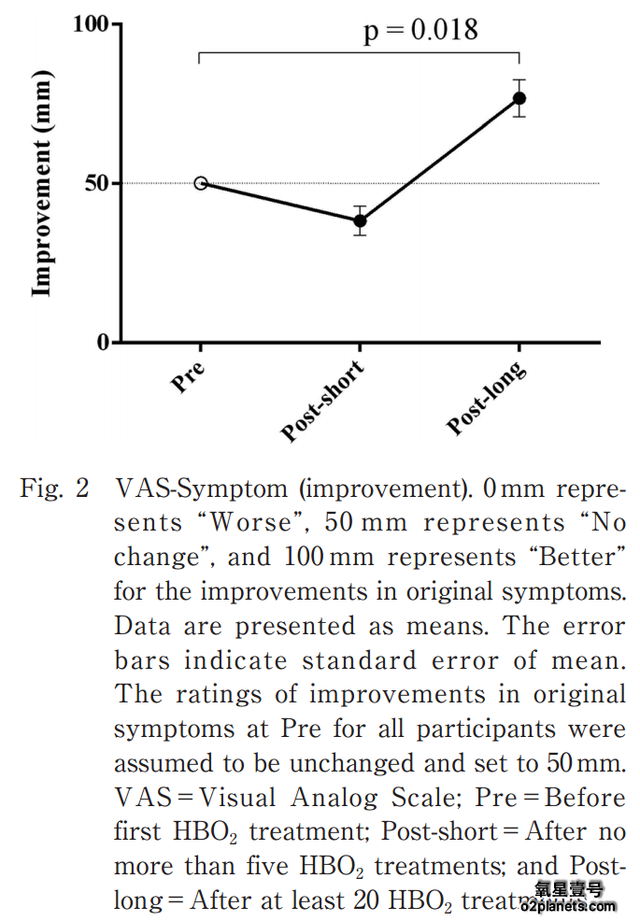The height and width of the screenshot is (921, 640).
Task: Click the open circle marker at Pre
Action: click(x=201, y=183)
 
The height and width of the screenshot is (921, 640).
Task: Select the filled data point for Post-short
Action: click(x=360, y=221)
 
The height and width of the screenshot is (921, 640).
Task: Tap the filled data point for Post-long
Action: click(x=519, y=98)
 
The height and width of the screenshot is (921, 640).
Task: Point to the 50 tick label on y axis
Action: click(x=97, y=183)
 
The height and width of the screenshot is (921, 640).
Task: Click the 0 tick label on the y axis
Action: click(x=103, y=343)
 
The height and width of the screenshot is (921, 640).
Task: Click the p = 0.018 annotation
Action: click(x=420, y=30)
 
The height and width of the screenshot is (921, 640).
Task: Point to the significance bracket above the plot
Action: click(x=360, y=54)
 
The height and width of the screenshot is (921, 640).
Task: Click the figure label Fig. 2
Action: click(x=54, y=489)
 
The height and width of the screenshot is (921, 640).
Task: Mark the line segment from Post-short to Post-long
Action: click(x=439, y=160)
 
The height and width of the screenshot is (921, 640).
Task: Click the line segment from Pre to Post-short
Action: click(x=280, y=202)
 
